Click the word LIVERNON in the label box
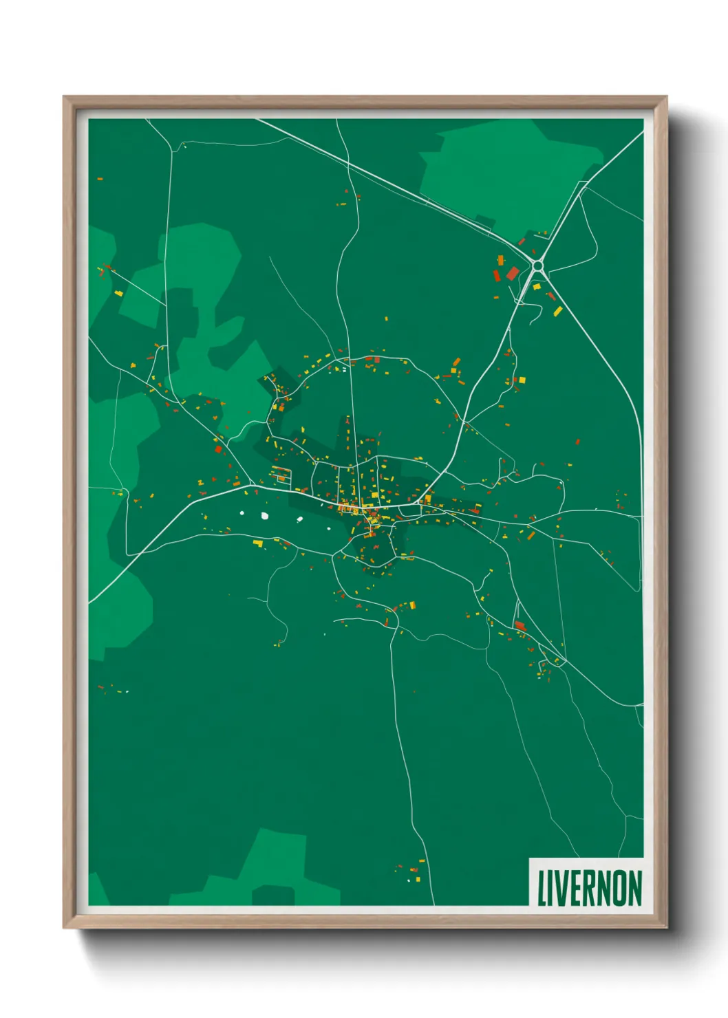pos(589,888)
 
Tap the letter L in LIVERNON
pos(541,888)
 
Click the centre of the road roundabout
pos(538,265)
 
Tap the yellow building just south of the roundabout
pos(537,286)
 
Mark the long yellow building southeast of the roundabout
pos(557,312)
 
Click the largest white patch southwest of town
pos(264,515)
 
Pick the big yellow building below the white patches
pos(258,543)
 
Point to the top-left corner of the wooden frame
pos(64,97)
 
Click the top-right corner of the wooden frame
pos(666,97)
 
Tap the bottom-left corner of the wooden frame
pos(64,927)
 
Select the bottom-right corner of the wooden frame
pos(666,927)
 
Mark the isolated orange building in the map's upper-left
pos(100,179)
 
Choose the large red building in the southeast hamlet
pos(520,625)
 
